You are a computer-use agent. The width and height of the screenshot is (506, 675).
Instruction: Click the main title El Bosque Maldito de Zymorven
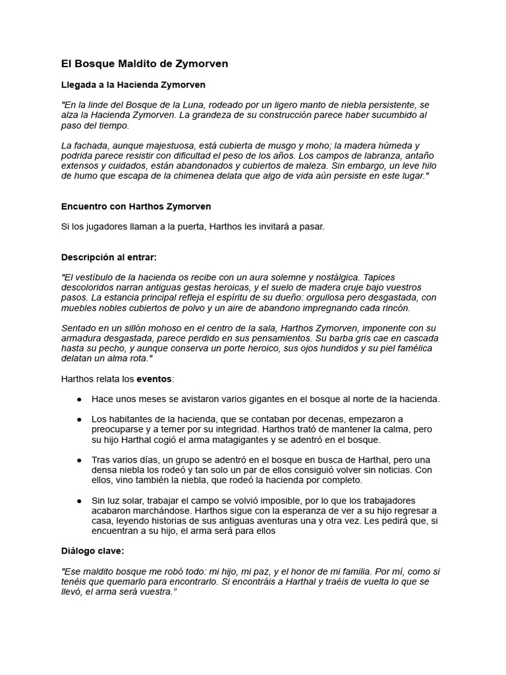coord(144,64)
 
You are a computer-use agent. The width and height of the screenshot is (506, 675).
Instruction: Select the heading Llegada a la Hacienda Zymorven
coord(133,85)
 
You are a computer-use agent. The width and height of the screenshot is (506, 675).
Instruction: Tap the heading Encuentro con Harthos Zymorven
coord(136,206)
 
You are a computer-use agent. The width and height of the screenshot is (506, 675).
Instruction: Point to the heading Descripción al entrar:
coord(109,256)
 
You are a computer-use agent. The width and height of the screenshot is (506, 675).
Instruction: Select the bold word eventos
coord(153,379)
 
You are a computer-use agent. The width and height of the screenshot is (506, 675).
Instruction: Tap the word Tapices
coord(380,278)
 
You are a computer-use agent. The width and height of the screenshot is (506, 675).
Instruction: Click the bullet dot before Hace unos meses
coord(79,399)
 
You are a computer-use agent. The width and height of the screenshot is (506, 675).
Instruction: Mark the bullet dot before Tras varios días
coord(79,459)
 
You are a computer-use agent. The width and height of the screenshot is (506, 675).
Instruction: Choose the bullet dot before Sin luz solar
coord(79,500)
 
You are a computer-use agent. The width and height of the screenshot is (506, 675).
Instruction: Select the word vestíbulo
coord(100,278)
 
